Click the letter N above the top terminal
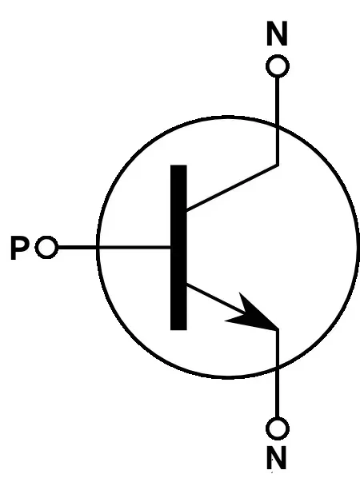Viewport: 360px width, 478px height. [x=277, y=34]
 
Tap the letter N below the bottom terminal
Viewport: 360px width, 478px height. [x=277, y=457]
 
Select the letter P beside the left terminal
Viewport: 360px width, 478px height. [x=20, y=248]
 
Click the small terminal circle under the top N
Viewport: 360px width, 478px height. [x=278, y=66]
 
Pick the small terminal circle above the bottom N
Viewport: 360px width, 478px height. [x=278, y=428]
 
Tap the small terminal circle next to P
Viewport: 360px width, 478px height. [x=46, y=247]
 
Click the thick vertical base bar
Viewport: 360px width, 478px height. [x=178, y=248]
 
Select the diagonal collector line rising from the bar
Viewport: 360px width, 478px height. [x=232, y=188]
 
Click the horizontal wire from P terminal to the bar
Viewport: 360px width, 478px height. [x=114, y=247]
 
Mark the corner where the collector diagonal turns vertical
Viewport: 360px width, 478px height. [x=278, y=165]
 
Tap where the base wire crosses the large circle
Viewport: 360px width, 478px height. [x=98, y=247]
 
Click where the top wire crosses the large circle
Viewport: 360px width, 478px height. [x=278, y=125]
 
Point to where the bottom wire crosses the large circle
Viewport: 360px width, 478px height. [x=278, y=369]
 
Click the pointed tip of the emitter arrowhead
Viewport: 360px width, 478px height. [x=278, y=329]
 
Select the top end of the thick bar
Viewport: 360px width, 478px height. [x=178, y=165]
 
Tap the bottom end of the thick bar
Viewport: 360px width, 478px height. [x=178, y=330]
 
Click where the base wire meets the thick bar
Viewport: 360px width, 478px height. [x=170, y=247]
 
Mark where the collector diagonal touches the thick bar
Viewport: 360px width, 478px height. [x=186, y=210]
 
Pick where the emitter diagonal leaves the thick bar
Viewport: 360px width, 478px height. [x=186, y=285]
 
